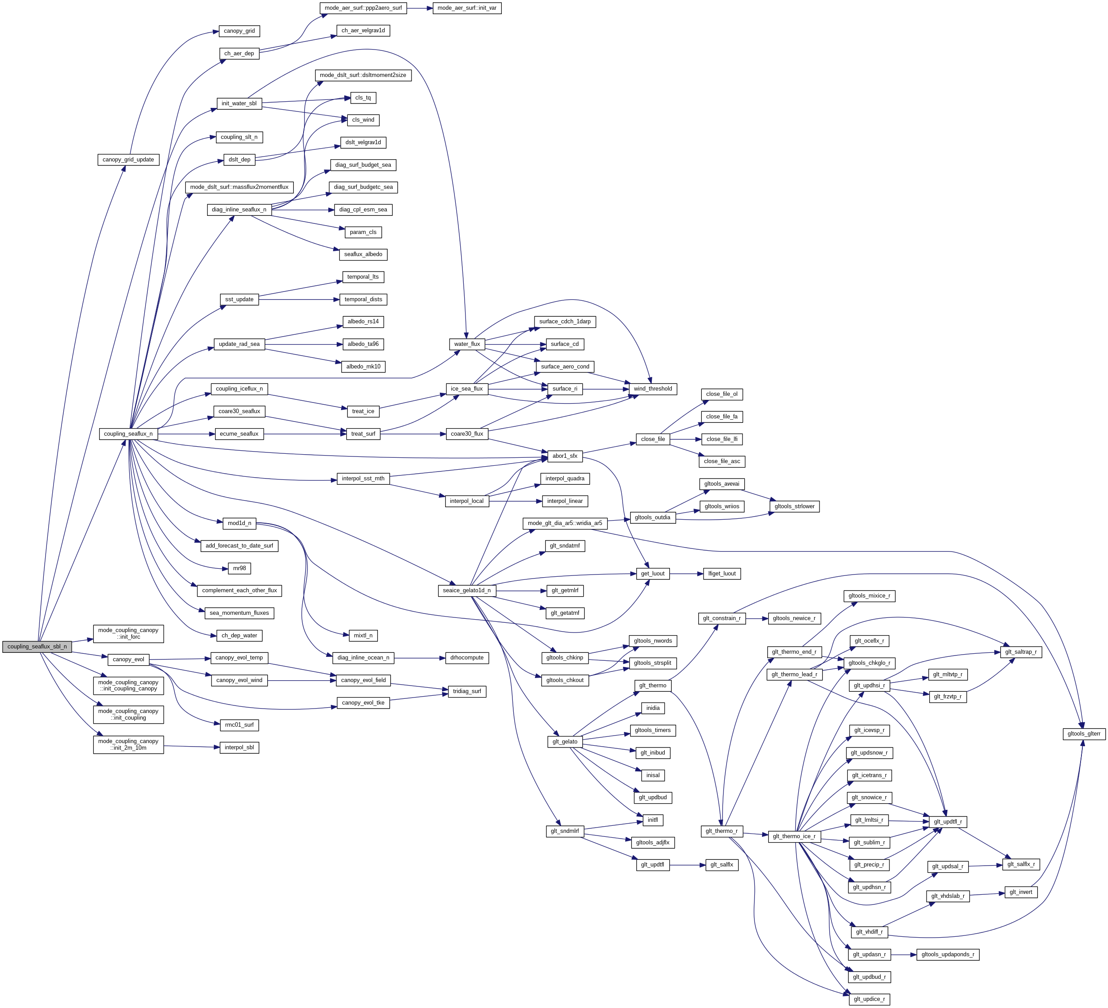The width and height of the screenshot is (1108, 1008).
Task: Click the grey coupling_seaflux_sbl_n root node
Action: (x=37, y=647)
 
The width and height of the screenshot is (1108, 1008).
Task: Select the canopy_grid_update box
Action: (x=128, y=160)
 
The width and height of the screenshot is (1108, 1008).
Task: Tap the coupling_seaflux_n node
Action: (x=128, y=434)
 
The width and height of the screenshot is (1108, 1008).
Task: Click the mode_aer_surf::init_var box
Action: (x=467, y=8)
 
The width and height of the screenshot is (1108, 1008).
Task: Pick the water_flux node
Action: (x=467, y=345)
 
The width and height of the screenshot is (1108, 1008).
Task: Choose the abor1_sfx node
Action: (x=565, y=456)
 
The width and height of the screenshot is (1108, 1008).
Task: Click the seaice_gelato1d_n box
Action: (x=467, y=590)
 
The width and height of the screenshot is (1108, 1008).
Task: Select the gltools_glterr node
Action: (x=1083, y=734)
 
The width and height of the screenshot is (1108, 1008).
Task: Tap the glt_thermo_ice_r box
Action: (x=794, y=837)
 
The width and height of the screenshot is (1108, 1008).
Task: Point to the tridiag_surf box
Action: (x=467, y=692)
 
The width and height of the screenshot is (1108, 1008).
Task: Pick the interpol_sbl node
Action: (x=239, y=747)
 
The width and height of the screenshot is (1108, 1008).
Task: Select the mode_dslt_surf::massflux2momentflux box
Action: (x=239, y=188)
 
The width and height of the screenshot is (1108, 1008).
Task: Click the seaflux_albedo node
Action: (x=363, y=254)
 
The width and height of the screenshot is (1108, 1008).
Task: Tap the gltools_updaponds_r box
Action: (x=947, y=955)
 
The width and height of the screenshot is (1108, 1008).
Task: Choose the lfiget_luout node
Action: (x=722, y=574)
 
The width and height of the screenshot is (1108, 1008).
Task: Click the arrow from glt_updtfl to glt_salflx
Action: (x=687, y=865)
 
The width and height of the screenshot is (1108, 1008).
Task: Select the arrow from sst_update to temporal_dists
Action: (x=297, y=300)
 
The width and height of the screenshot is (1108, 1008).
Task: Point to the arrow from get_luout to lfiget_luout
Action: (x=686, y=574)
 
